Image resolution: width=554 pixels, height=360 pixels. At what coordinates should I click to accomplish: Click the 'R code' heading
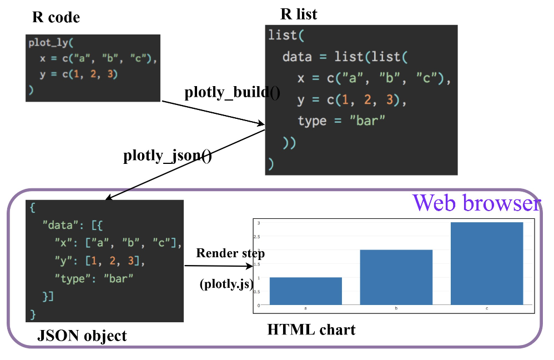pyautogui.click(x=56, y=18)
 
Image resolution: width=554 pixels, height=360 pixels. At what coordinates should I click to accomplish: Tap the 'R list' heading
pyautogui.click(x=299, y=13)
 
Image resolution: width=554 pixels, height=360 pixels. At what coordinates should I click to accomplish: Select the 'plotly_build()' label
pyautogui.click(x=232, y=93)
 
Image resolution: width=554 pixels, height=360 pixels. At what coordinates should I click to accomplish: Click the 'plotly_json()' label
pyautogui.click(x=167, y=156)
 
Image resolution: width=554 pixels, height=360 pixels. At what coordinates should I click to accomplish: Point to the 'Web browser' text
pyautogui.click(x=476, y=203)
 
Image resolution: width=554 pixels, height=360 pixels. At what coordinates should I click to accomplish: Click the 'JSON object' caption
pyautogui.click(x=82, y=336)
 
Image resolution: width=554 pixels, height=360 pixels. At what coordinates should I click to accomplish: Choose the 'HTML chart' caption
pyautogui.click(x=311, y=329)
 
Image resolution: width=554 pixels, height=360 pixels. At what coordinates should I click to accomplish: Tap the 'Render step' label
pyautogui.click(x=230, y=253)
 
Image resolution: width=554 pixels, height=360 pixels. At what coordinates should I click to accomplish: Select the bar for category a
pyautogui.click(x=305, y=291)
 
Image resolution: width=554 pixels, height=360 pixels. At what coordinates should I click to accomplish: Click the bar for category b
pyautogui.click(x=396, y=277)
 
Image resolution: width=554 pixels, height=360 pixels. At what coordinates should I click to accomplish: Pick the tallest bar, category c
pyautogui.click(x=487, y=263)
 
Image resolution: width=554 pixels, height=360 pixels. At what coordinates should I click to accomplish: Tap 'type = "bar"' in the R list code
pyautogui.click(x=341, y=121)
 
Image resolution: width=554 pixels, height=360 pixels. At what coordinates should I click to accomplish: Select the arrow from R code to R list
pyautogui.click(x=213, y=113)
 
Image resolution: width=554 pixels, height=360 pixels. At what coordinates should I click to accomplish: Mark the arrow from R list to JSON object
pyautogui.click(x=183, y=164)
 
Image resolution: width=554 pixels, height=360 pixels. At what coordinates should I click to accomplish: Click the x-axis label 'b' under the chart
pyautogui.click(x=396, y=307)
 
